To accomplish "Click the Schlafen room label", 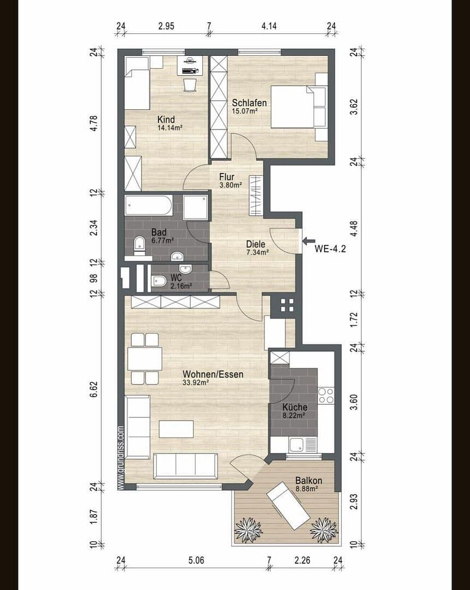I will pos(249,103).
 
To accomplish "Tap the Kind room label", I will pos(166,120).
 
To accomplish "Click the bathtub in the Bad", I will pos(149,206).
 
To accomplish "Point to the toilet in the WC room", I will pos(159,282).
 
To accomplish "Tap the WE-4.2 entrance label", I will pos(330,247).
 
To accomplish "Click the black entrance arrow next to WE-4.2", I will pos(308,240).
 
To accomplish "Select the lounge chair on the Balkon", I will pos(289,505).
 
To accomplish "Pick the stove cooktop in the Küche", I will pos(326,395).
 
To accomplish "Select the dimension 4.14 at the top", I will pos(270,26).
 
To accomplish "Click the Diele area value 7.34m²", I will pos(256,252).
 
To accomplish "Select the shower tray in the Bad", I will pos(195,207).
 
